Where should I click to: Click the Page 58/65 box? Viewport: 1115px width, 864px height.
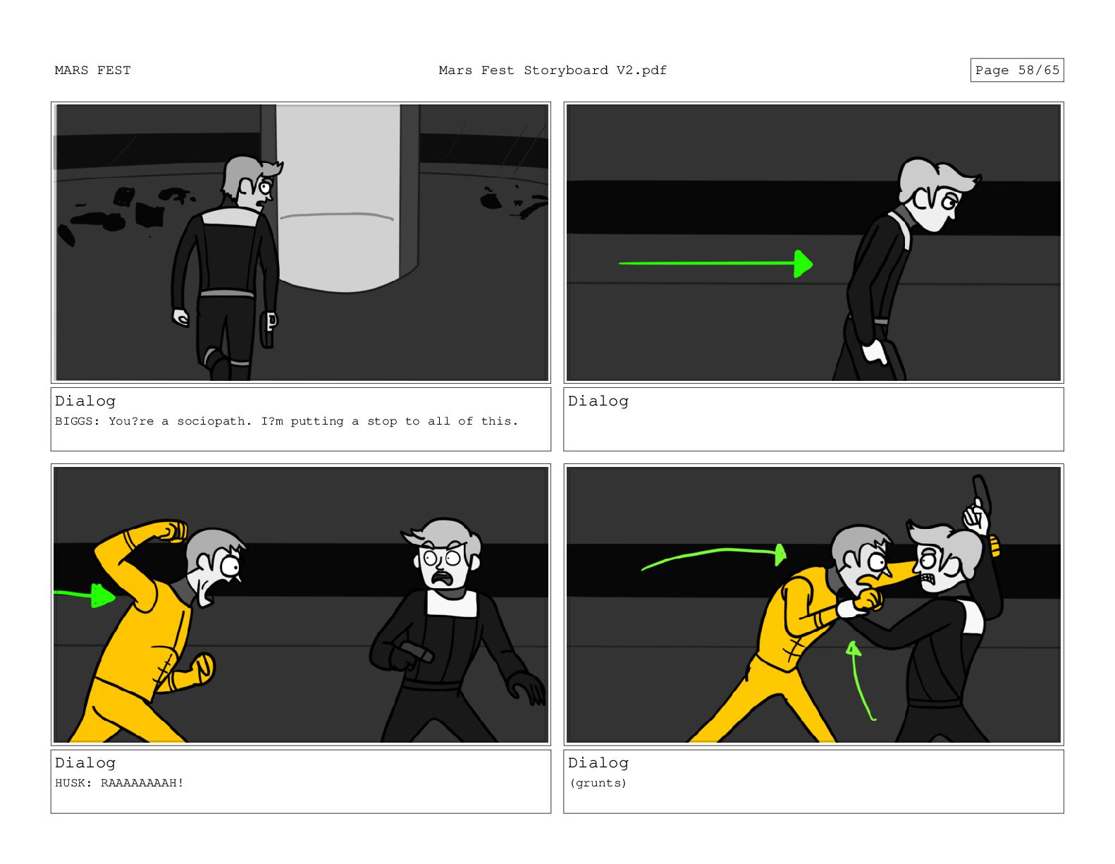click(x=1016, y=70)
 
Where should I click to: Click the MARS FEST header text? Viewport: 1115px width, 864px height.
click(x=92, y=71)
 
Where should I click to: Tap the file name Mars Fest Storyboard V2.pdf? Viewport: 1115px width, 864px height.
click(x=552, y=71)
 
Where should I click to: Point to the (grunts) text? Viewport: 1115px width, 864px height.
click(x=598, y=783)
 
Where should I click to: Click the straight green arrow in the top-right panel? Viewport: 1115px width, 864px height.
click(x=716, y=263)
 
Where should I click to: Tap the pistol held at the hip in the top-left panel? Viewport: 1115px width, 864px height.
click(x=268, y=329)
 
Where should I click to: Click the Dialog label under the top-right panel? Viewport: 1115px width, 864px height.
click(x=598, y=401)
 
